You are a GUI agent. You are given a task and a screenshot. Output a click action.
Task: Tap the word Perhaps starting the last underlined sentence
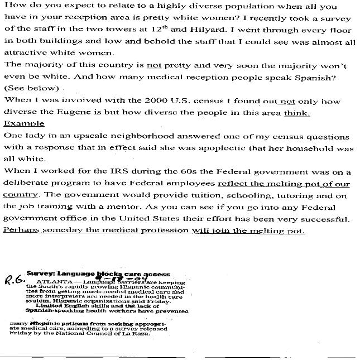pyautogui.click(x=20, y=230)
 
